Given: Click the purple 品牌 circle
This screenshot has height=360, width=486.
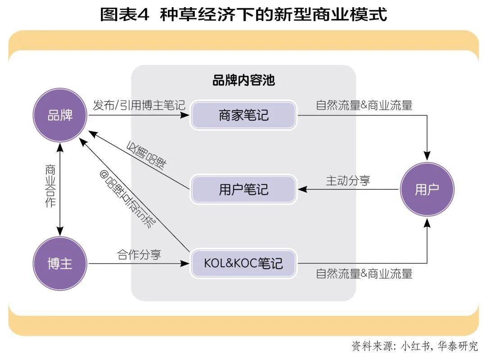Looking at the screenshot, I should pyautogui.click(x=60, y=115).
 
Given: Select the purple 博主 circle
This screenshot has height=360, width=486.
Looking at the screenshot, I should pyautogui.click(x=60, y=263).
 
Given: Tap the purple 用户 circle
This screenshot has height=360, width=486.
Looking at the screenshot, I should pyautogui.click(x=427, y=189).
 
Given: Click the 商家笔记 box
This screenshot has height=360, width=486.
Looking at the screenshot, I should pyautogui.click(x=243, y=115).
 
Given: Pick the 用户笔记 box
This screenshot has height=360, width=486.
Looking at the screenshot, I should pyautogui.click(x=243, y=189).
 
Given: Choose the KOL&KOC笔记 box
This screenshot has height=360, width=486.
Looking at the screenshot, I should pyautogui.click(x=243, y=263).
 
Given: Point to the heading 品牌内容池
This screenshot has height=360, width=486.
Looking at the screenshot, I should pyautogui.click(x=243, y=81).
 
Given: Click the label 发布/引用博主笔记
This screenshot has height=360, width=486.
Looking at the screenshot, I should pyautogui.click(x=139, y=106).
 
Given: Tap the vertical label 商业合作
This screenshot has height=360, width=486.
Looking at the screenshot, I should pyautogui.click(x=50, y=186).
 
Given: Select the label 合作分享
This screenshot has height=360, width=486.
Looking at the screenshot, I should pyautogui.click(x=139, y=255).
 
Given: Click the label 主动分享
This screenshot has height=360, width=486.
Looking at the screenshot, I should pyautogui.click(x=348, y=180).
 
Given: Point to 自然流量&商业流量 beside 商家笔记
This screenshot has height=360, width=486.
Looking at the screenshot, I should pyautogui.click(x=364, y=106).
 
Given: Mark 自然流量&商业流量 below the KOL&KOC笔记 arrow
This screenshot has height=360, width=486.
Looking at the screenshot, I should pyautogui.click(x=364, y=273).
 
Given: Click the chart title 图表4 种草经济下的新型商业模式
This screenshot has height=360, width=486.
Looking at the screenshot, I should pyautogui.click(x=243, y=14).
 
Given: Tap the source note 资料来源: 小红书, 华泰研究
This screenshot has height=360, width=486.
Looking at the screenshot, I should pyautogui.click(x=414, y=346).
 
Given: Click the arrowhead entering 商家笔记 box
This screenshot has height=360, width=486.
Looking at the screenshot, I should pyautogui.click(x=185, y=115).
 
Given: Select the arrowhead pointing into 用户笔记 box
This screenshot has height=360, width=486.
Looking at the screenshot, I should pyautogui.click(x=302, y=189).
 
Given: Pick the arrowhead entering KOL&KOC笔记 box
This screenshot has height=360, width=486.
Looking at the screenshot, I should pyautogui.click(x=185, y=263).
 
